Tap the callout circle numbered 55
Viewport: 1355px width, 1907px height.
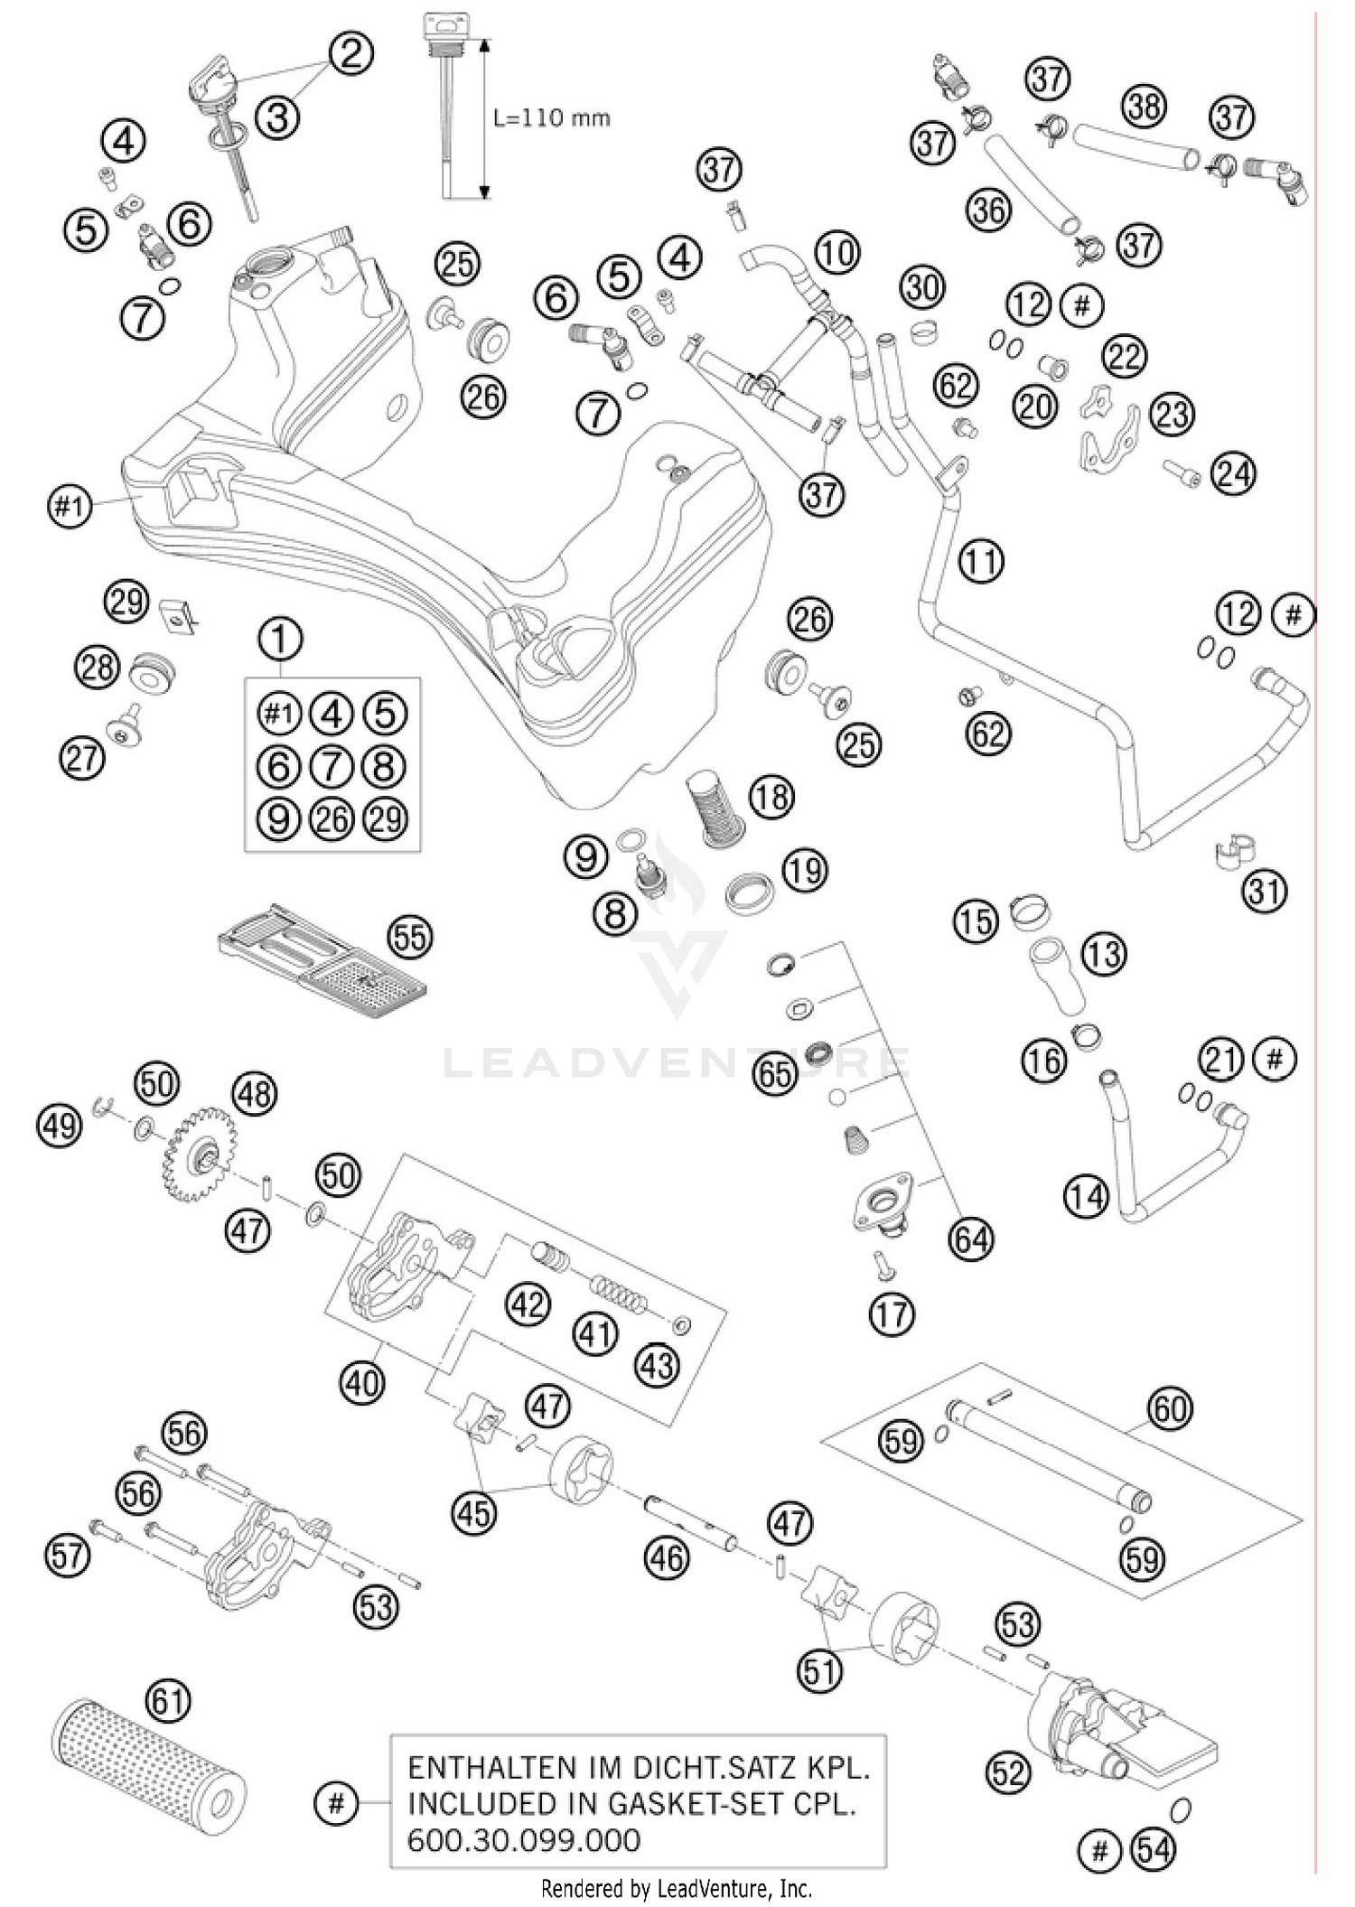pos(409,938)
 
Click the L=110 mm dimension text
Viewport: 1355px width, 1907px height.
pos(551,117)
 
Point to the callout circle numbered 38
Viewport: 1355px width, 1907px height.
pos(1144,107)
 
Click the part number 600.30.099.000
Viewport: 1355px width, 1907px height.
pos(524,1840)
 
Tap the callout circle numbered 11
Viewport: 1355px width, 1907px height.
pos(982,561)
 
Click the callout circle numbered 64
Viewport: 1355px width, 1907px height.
pos(972,1239)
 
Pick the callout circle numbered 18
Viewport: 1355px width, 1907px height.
pos(771,797)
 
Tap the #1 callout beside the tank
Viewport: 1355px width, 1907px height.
pos(70,507)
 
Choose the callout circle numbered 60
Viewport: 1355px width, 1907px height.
pos(1170,1408)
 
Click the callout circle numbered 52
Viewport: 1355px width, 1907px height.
pos(1008,1773)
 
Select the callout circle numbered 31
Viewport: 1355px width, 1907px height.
pos(1265,892)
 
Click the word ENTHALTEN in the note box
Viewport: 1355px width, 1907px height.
pos(479,1767)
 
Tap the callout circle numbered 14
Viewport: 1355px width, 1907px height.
pos(1085,1197)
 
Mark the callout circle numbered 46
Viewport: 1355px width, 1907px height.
pos(667,1557)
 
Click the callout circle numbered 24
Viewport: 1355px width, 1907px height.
pos(1233,473)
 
